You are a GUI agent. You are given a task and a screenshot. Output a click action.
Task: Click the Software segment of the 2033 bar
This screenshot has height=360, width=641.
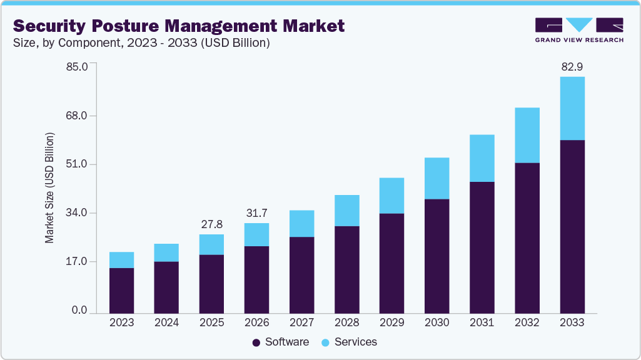click(572, 226)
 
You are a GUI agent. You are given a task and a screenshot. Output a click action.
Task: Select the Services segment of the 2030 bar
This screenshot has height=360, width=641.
click(437, 178)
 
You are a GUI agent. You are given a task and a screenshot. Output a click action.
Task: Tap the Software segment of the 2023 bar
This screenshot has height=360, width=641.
click(121, 291)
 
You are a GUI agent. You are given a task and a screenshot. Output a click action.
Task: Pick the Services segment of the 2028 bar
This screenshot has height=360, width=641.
click(347, 211)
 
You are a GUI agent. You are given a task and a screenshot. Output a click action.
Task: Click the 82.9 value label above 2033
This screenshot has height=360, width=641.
click(572, 66)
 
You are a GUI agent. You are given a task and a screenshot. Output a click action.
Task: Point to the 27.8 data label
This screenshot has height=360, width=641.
click(211, 224)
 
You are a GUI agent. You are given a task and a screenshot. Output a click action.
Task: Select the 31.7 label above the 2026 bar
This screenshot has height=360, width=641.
click(256, 213)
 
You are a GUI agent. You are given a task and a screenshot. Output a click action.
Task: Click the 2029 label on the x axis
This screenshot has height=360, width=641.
click(391, 323)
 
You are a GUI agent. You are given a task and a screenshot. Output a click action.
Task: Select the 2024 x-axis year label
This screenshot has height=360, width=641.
click(166, 323)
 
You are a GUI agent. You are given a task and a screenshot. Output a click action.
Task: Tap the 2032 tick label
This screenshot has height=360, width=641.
click(527, 323)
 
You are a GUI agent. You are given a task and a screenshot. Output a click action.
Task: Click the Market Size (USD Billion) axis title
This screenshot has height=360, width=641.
click(49, 188)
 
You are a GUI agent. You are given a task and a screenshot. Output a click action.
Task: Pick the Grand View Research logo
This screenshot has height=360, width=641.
click(579, 30)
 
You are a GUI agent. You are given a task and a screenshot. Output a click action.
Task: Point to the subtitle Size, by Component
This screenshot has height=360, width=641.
click(69, 43)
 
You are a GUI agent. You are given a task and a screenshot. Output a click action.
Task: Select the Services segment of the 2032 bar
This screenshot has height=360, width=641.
click(527, 135)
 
